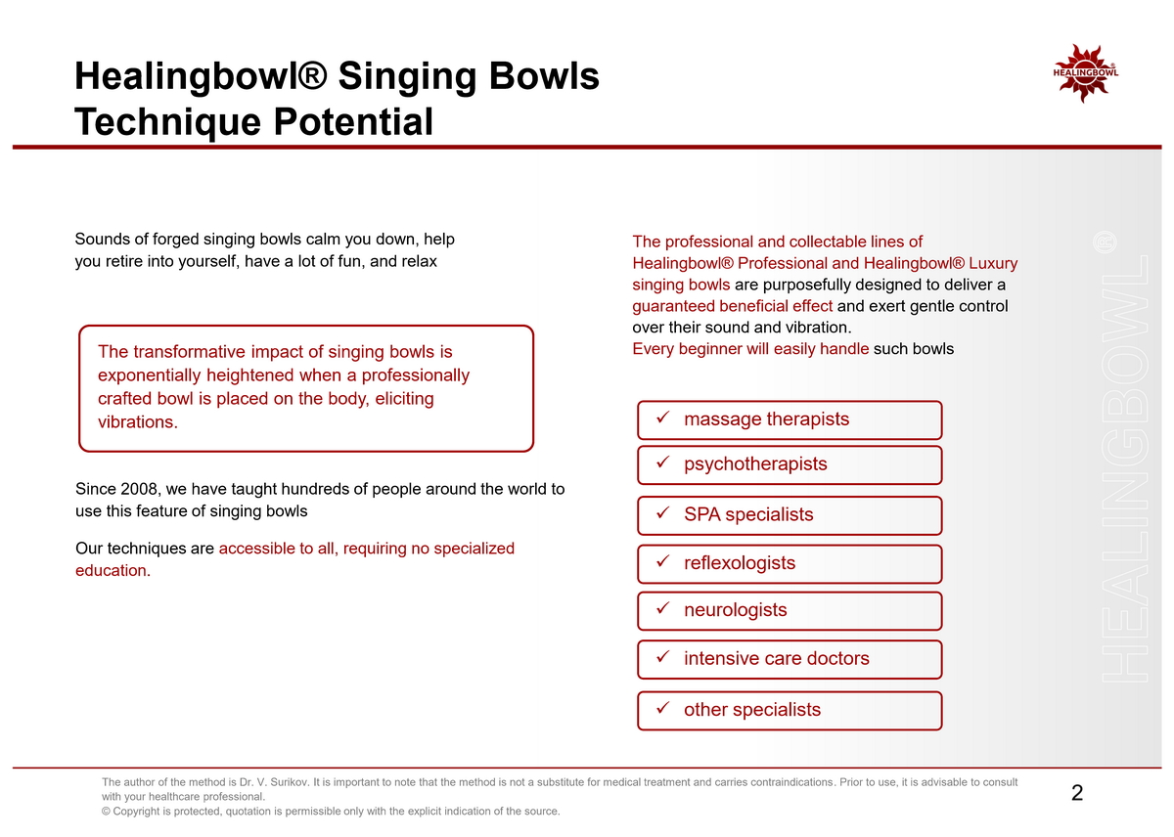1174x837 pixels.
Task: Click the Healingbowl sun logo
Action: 1085,73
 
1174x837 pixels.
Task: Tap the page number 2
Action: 1077,792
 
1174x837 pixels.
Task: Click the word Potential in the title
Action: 353,121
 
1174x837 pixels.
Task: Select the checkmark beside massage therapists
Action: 663,418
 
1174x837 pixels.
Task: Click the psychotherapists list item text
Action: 755,464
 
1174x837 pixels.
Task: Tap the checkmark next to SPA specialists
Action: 663,512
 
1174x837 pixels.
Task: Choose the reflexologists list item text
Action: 740,562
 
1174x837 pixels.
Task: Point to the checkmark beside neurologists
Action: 663,607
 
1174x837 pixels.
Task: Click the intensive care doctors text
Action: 776,658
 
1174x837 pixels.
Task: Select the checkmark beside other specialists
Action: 663,708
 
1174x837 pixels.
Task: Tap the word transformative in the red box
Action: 190,351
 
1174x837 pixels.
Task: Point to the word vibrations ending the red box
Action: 138,421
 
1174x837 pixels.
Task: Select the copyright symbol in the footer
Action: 106,811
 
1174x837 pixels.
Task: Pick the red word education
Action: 113,570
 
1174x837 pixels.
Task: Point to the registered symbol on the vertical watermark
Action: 1105,242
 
